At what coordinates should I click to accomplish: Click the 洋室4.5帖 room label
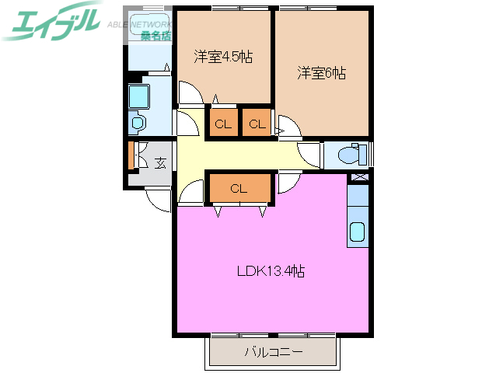(222, 57)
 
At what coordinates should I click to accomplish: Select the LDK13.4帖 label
(270, 272)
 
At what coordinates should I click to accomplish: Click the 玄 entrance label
(160, 163)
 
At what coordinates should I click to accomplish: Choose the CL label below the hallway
(239, 188)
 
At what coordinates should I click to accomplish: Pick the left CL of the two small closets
(222, 124)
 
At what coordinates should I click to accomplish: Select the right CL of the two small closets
(257, 124)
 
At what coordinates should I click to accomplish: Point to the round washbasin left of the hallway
(138, 123)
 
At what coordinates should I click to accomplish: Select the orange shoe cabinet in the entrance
(131, 155)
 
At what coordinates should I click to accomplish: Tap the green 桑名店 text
(156, 36)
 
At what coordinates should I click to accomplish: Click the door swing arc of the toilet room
(309, 153)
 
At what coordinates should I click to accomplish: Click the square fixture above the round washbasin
(138, 96)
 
